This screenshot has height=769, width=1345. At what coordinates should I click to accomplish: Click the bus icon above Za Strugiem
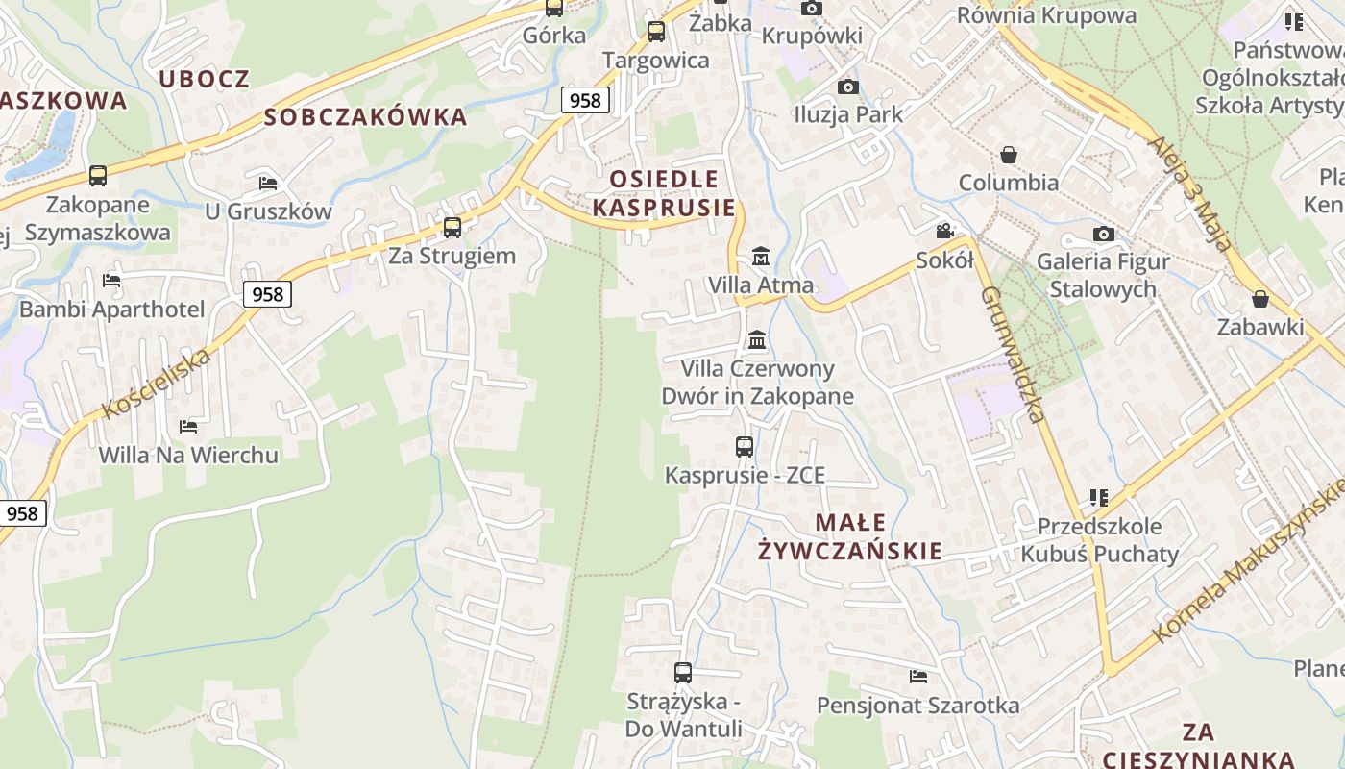452,228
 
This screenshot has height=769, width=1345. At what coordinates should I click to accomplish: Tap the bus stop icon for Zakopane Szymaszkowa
98,176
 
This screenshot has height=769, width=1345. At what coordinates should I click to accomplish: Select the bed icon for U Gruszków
268,183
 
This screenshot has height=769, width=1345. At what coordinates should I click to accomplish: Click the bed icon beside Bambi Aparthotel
111,281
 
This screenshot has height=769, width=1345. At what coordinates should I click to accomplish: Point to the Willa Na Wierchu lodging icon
188,426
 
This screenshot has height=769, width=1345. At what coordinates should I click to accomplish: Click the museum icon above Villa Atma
761,257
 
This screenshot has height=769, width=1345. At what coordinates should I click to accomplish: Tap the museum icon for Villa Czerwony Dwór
757,340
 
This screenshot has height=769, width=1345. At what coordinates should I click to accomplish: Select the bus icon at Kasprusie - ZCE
745,447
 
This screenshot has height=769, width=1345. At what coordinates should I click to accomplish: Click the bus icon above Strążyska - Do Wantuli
683,673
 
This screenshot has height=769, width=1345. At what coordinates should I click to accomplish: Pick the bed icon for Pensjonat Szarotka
918,677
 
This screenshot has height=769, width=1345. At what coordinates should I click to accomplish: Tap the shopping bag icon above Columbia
1009,155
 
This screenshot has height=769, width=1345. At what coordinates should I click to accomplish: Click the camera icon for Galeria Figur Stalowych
1103,234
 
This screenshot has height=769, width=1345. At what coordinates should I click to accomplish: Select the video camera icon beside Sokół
945,231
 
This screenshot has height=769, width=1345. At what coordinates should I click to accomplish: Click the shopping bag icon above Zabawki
1260,299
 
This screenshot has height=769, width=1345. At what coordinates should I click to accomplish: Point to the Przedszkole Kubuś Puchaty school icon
1099,498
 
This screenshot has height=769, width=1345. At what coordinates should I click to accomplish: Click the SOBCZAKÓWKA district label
365,117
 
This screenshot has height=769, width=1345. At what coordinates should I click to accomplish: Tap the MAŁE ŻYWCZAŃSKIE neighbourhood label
850,536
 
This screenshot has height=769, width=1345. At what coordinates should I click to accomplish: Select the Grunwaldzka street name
1013,356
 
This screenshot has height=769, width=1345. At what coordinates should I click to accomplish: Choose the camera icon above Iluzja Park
847,87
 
